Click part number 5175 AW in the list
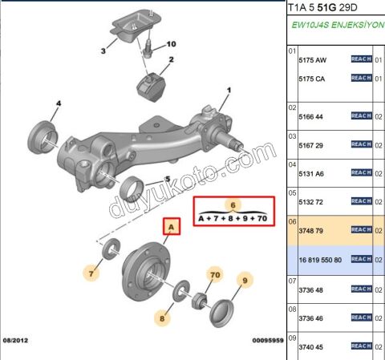[313, 60]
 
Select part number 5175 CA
[312, 79]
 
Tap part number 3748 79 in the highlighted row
[311, 231]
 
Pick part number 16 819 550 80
[320, 260]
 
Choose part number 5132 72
[311, 202]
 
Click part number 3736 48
[311, 290]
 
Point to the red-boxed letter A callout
[172, 227]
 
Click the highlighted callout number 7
[91, 273]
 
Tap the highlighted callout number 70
[215, 275]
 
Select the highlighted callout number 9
[245, 281]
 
